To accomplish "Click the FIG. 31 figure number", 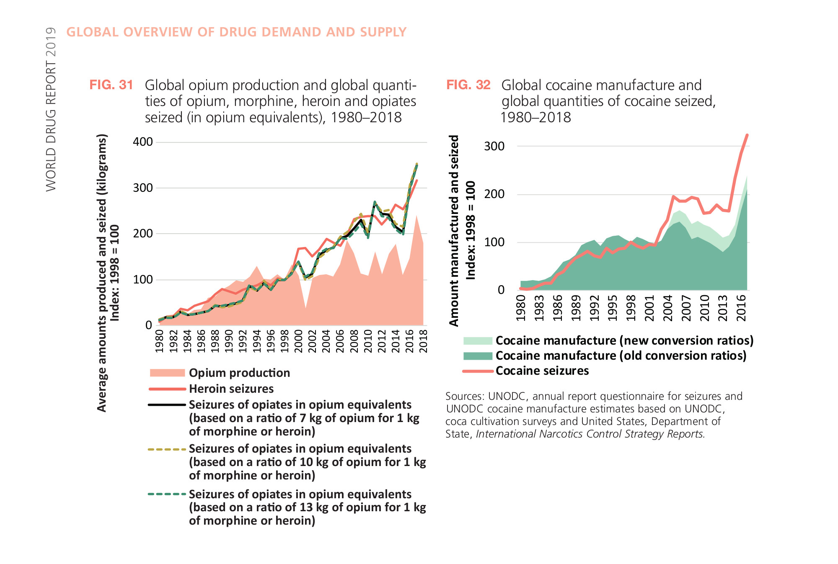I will [x=111, y=85].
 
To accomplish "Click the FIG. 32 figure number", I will [x=468, y=85].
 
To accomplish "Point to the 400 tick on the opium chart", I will [x=142, y=142].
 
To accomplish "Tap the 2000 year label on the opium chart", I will [x=299, y=341].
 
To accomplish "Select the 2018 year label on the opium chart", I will [x=424, y=341].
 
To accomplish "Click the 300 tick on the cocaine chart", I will [x=494, y=147].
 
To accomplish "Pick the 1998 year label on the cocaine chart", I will [x=631, y=308].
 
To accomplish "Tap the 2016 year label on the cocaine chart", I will [x=741, y=308].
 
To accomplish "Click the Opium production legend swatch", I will [x=167, y=373].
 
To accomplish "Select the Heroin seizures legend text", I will [x=231, y=389].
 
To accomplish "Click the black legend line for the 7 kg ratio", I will [x=167, y=405].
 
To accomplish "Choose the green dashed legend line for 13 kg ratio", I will [x=167, y=494].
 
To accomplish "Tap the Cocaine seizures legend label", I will [x=542, y=371].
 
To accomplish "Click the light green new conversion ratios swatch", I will [x=478, y=341].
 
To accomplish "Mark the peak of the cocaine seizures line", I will [x=747, y=135].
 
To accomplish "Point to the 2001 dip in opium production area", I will [x=305, y=308].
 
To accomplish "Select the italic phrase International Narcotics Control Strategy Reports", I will [x=590, y=434].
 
